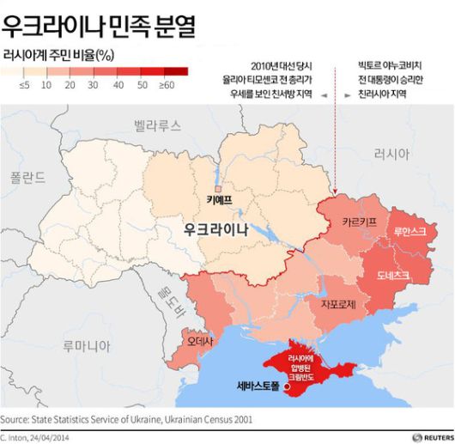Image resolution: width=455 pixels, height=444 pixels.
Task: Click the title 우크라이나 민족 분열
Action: coord(99,25)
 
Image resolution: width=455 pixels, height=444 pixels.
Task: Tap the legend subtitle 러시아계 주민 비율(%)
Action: coord(59,55)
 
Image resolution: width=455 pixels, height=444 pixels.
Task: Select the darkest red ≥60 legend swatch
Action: coord(175,71)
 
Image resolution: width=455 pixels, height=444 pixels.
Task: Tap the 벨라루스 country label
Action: coord(157,125)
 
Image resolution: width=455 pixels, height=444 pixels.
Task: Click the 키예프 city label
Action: coord(220,202)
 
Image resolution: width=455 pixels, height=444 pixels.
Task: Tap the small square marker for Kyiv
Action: coord(220,188)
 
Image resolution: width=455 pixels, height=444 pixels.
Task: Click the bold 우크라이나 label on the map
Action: coord(215,230)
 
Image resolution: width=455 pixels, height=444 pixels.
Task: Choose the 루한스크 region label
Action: coord(409,232)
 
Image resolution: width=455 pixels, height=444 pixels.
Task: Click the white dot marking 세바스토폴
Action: coord(287,388)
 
